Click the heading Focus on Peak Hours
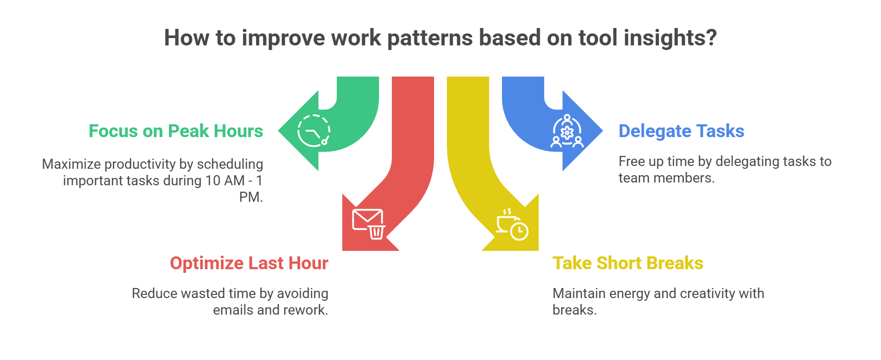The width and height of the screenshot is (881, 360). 176,131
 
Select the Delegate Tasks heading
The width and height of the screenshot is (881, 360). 681,131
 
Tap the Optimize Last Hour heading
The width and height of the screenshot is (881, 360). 249,263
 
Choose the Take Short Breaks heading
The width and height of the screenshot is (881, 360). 628,263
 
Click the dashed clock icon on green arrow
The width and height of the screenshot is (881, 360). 314,131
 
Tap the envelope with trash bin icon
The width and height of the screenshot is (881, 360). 368,224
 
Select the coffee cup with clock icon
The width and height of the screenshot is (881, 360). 512,225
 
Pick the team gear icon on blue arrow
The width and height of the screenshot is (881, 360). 567,132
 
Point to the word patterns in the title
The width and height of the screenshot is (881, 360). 429,38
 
